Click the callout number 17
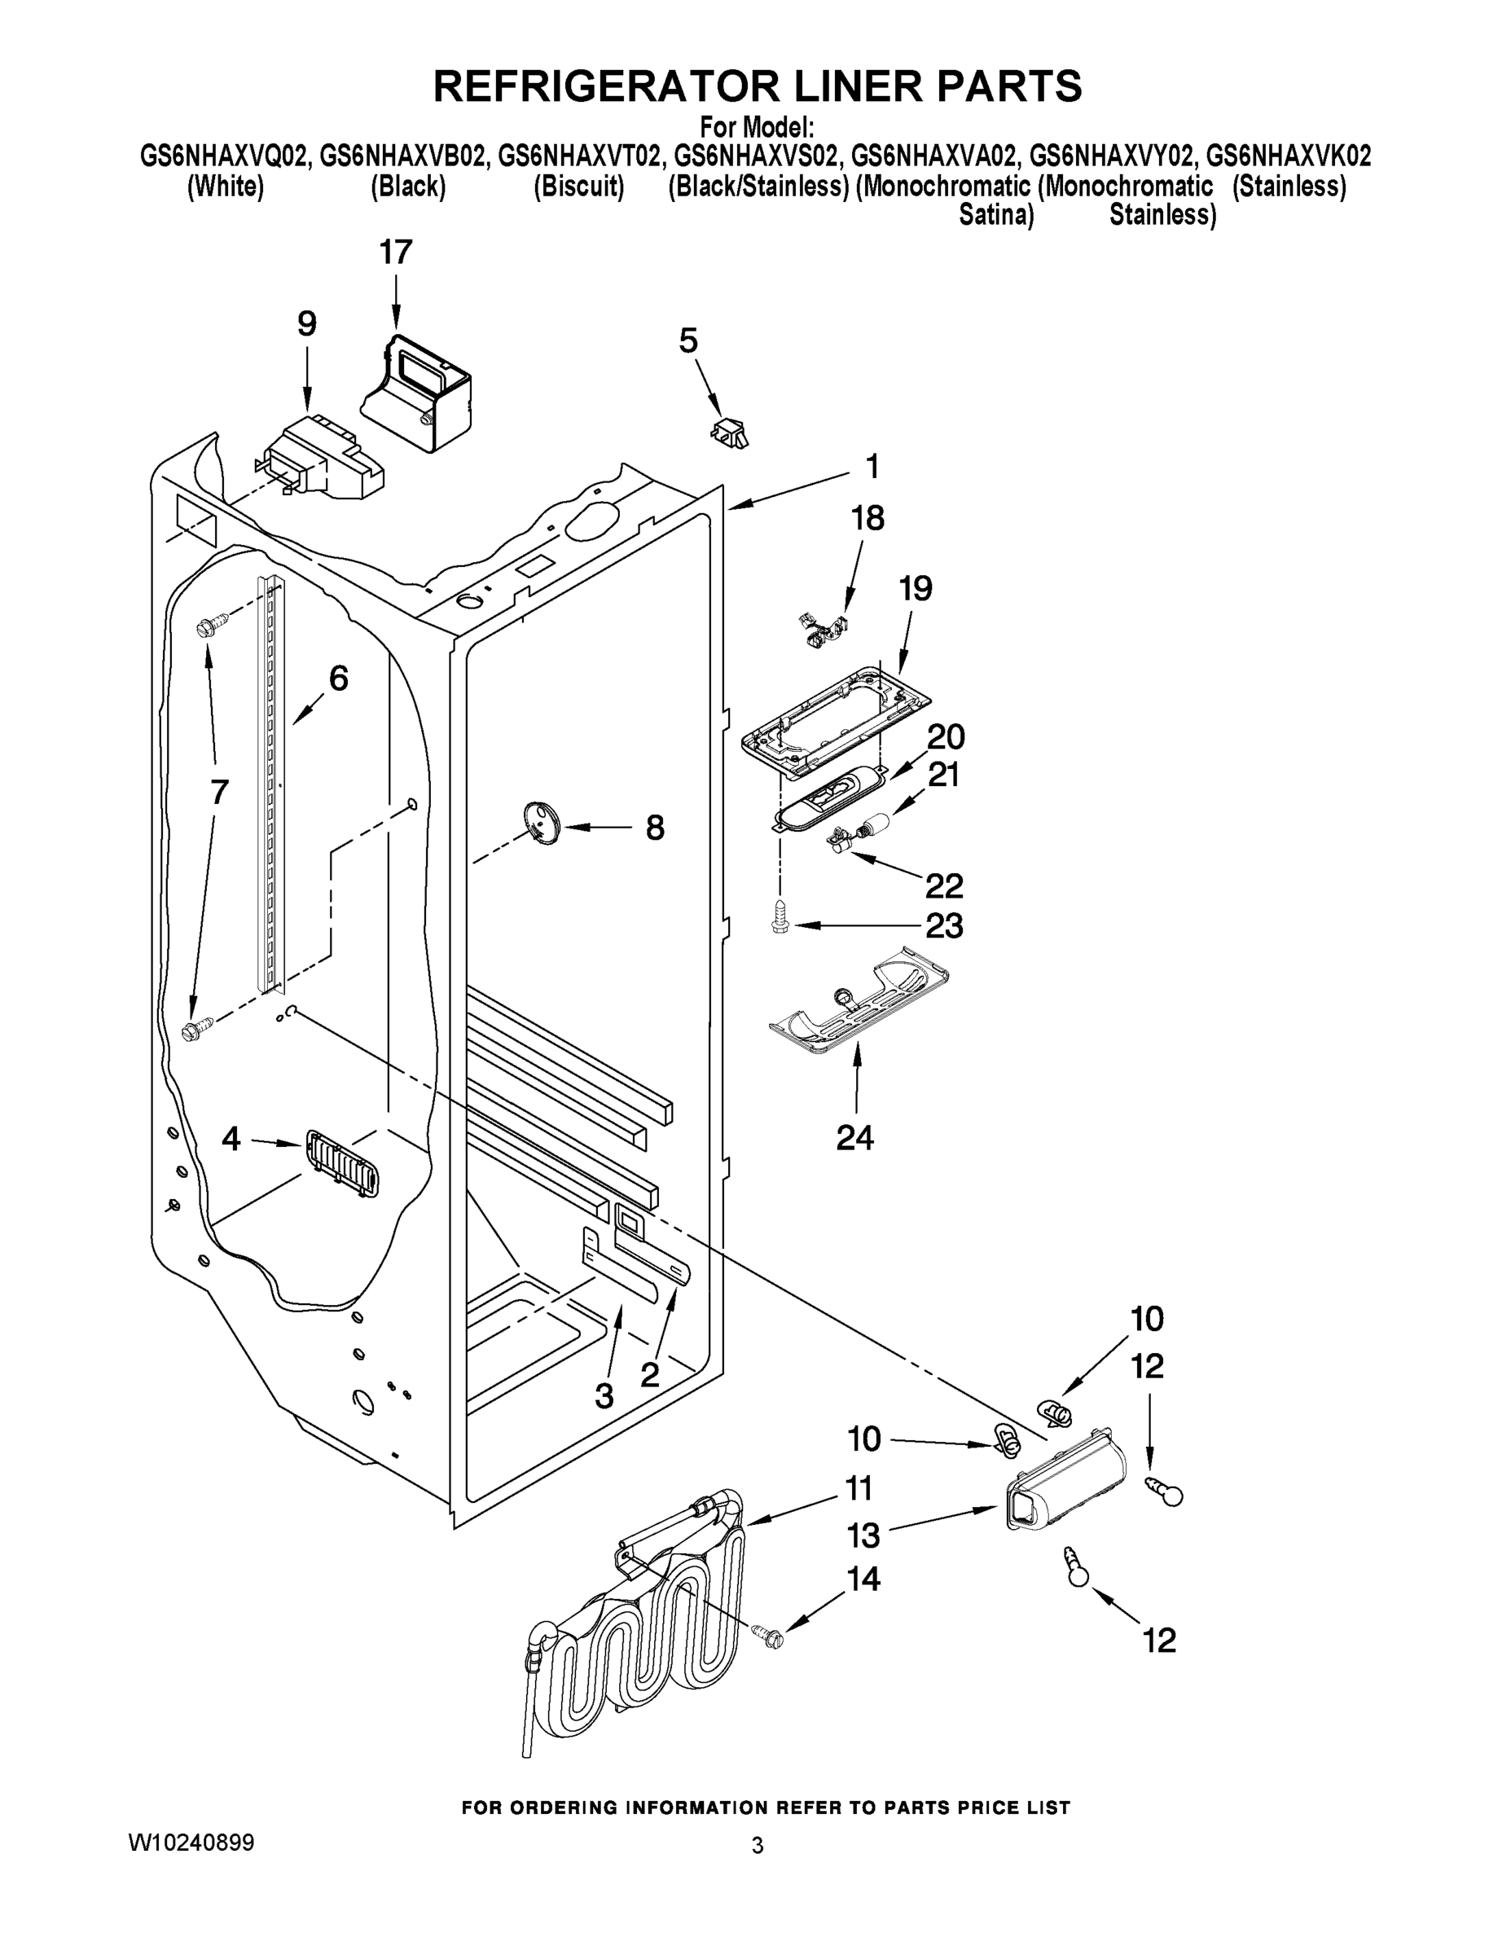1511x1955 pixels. (395, 253)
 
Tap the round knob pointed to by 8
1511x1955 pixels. (540, 821)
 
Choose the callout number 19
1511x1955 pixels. (915, 588)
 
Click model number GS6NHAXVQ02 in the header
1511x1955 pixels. (226, 157)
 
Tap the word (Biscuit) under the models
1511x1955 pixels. (578, 187)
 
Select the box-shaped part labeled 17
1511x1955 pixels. (420, 394)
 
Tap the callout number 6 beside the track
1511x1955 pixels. (338, 679)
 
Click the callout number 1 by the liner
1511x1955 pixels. (871, 467)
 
